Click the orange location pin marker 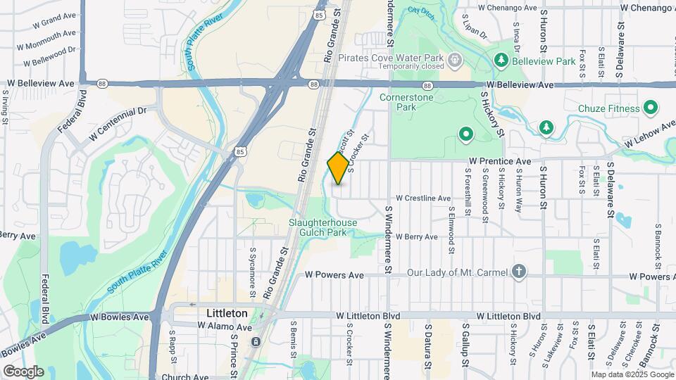pos(338,167)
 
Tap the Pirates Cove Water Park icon pos(455,59)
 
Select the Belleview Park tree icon pos(501,60)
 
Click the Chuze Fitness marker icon pos(651,108)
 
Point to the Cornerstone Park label pos(407,103)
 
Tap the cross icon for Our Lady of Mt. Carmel pos(519,272)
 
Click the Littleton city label pos(227,312)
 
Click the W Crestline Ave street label pos(423,198)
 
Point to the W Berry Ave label pos(417,237)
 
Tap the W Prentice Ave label pos(500,161)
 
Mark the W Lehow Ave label pos(648,134)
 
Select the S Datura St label pos(427,346)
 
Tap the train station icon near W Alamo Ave pos(256,341)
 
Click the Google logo pos(23,372)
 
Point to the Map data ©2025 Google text pos(632,374)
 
